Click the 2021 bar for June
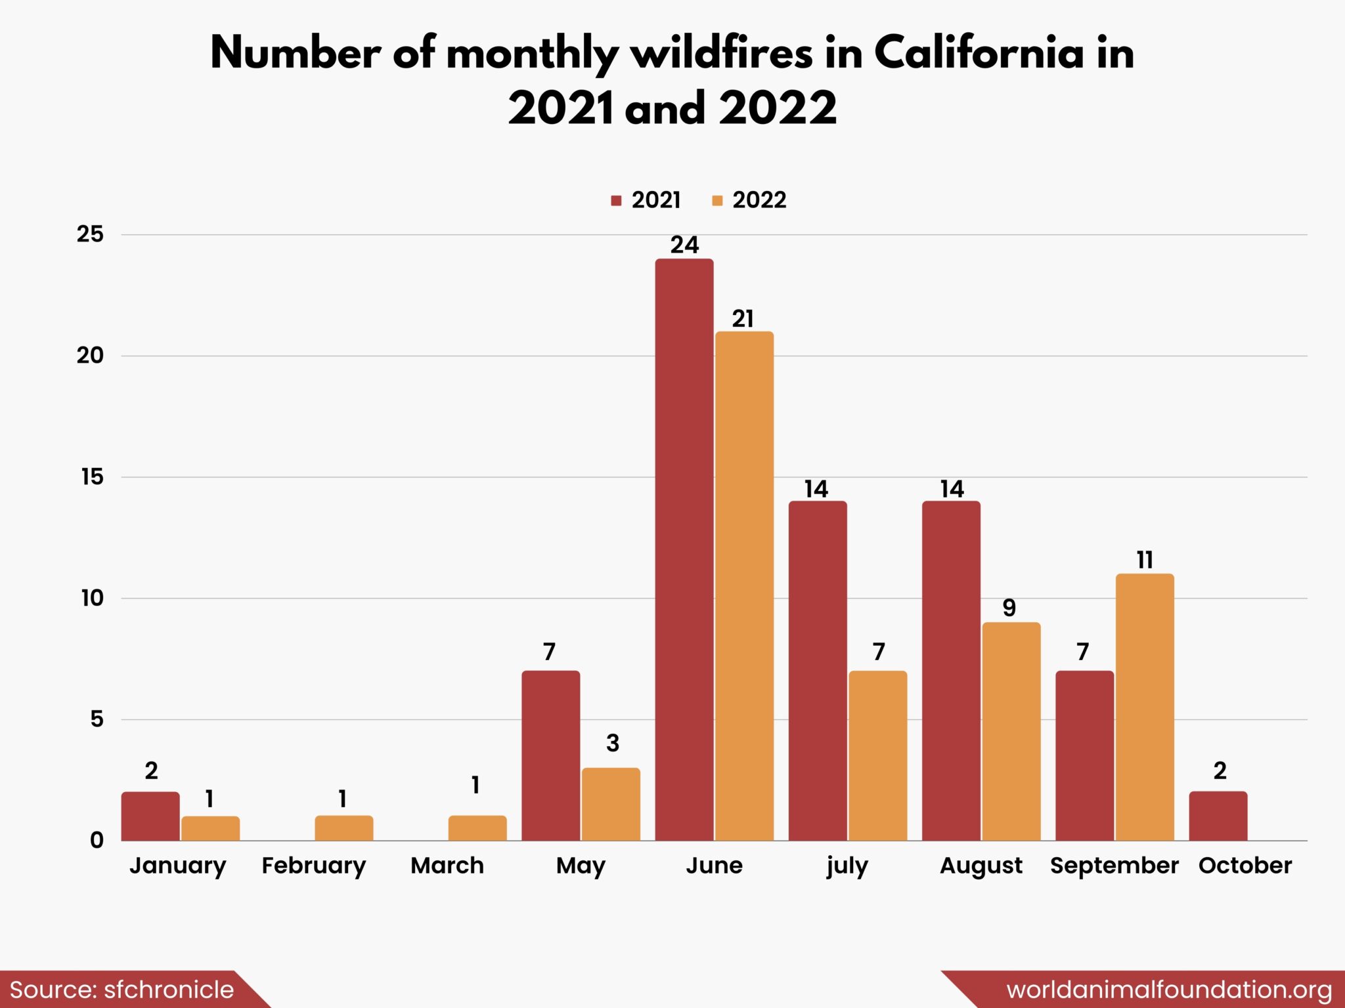684,550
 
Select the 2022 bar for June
744,586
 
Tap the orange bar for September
1145,707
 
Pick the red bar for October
1218,816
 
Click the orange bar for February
344,828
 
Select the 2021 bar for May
550,755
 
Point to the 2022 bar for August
1011,732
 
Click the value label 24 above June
684,245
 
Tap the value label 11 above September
1145,560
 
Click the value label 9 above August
1009,608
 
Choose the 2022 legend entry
749,200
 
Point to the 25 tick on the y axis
91,234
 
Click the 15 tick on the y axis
93,477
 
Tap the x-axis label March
447,866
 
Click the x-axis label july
847,866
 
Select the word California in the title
979,52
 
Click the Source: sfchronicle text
122,990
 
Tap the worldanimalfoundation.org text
1169,990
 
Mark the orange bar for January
210,828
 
